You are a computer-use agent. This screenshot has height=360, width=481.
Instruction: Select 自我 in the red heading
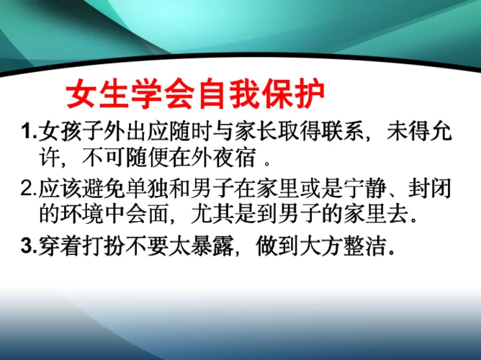[230, 94]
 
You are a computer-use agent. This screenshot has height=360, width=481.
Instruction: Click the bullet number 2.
[27, 189]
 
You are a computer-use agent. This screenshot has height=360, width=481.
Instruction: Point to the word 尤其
[214, 213]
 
